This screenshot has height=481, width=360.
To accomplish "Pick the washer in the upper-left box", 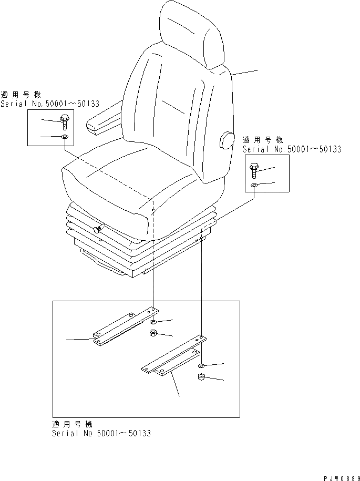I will coord(64,138).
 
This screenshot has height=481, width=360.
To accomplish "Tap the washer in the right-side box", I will coord(253,185).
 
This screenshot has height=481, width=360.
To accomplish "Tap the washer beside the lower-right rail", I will coord(201,365).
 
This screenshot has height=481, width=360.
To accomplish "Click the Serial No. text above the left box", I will coord(50,104).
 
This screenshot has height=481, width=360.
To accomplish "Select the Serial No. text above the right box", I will coord(292,149).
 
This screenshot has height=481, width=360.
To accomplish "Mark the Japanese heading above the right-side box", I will coord(263,140).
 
